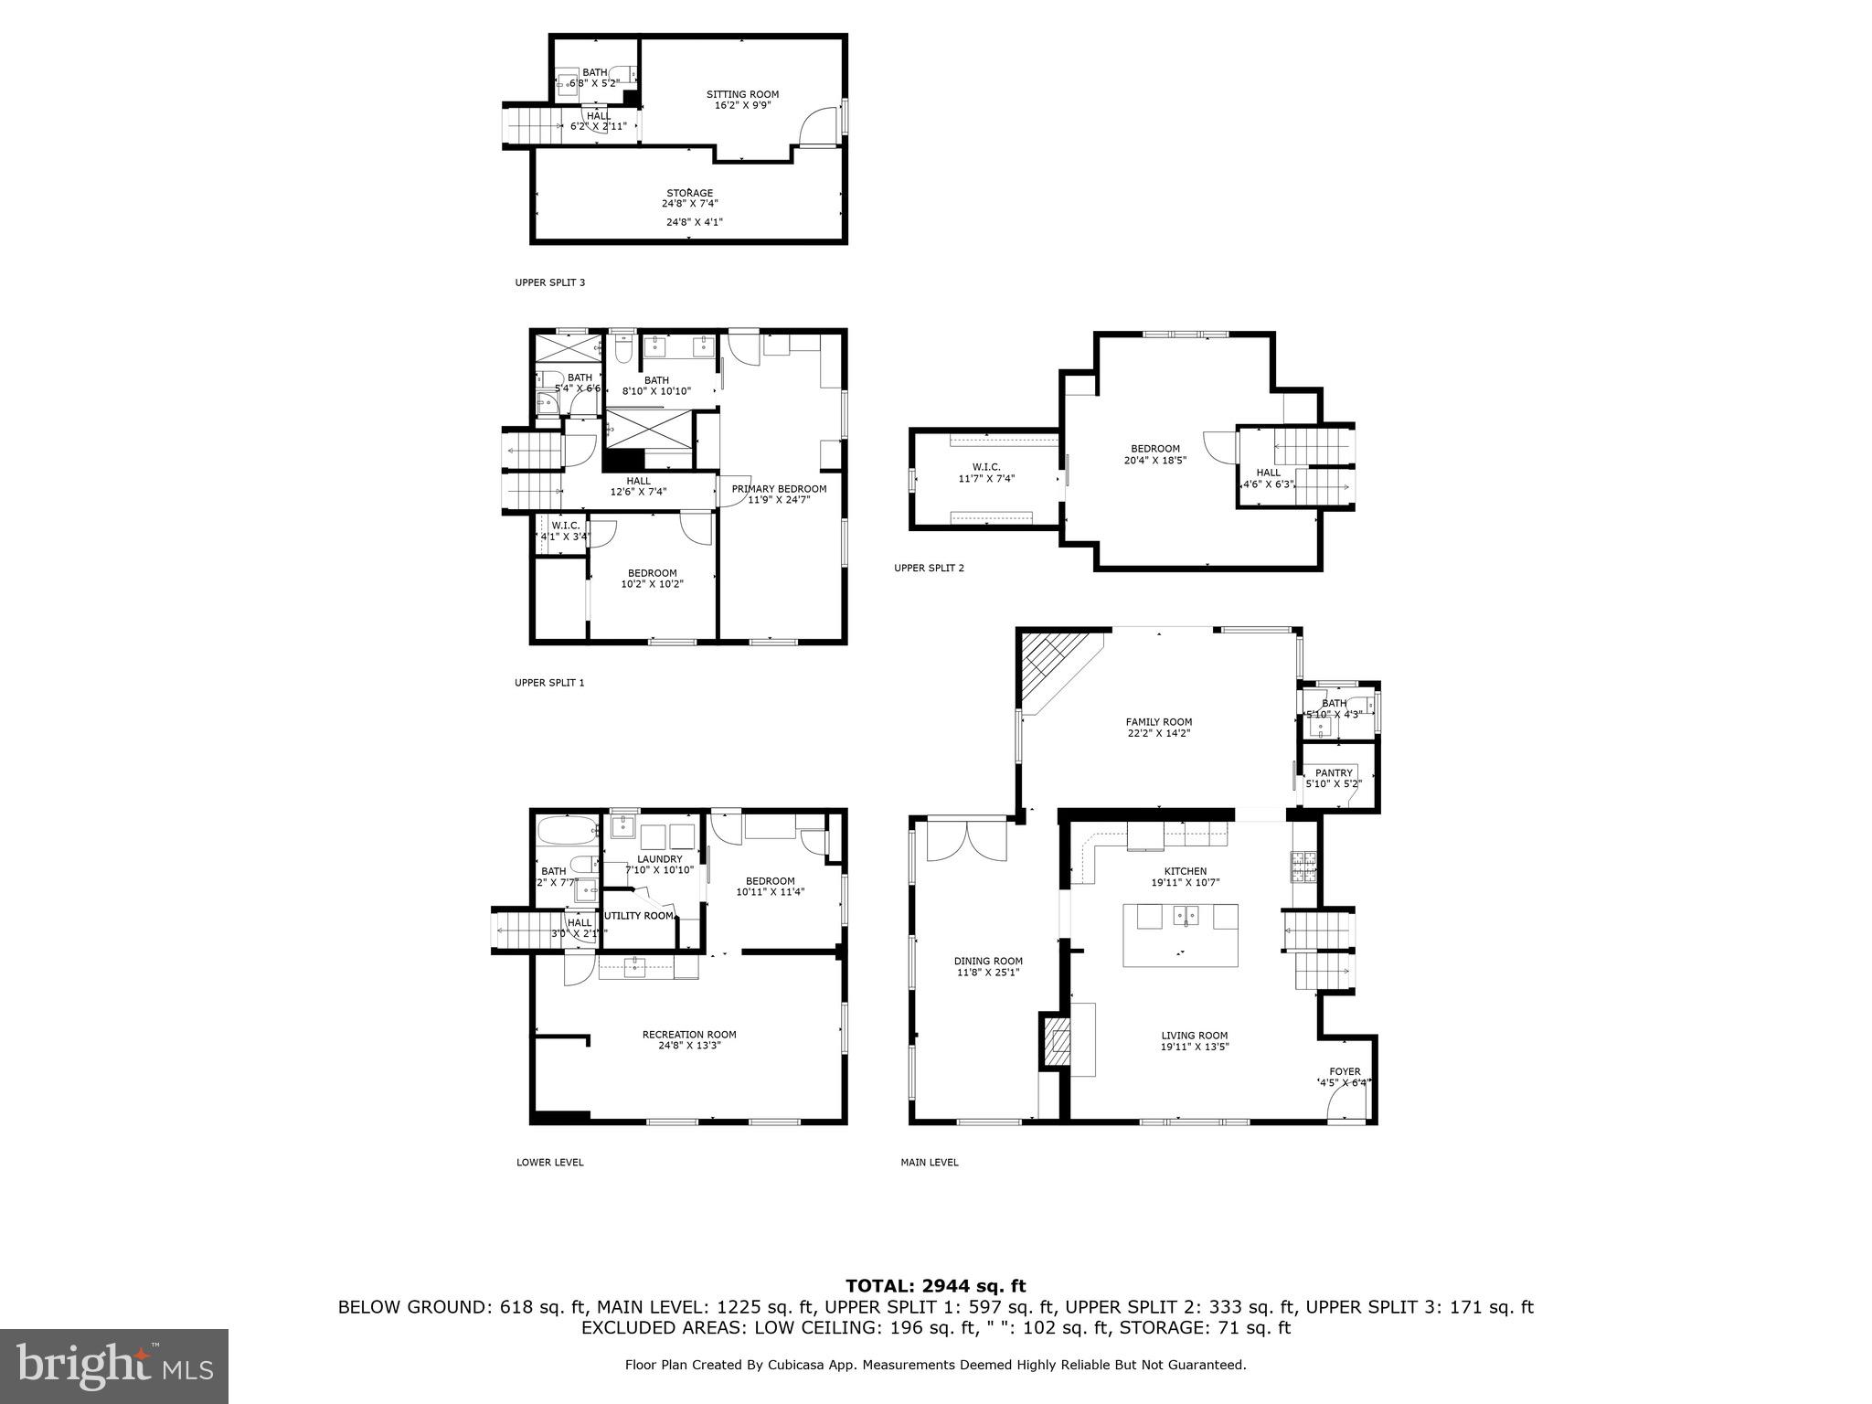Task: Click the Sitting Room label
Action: [742, 94]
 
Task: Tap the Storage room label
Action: [689, 193]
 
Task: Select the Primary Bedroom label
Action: [779, 489]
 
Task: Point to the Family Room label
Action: [1158, 722]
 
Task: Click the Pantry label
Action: [1334, 773]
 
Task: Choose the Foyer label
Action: [1345, 1071]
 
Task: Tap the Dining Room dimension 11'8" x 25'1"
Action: [988, 973]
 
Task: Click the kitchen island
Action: [1180, 934]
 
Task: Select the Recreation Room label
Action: [688, 1035]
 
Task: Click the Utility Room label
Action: [639, 916]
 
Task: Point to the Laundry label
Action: [659, 859]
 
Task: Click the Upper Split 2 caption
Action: [929, 568]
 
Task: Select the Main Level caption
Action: [929, 1163]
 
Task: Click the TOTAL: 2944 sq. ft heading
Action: [935, 1286]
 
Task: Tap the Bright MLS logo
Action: [114, 1366]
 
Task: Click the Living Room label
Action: [1194, 1036]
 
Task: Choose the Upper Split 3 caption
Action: [549, 282]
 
